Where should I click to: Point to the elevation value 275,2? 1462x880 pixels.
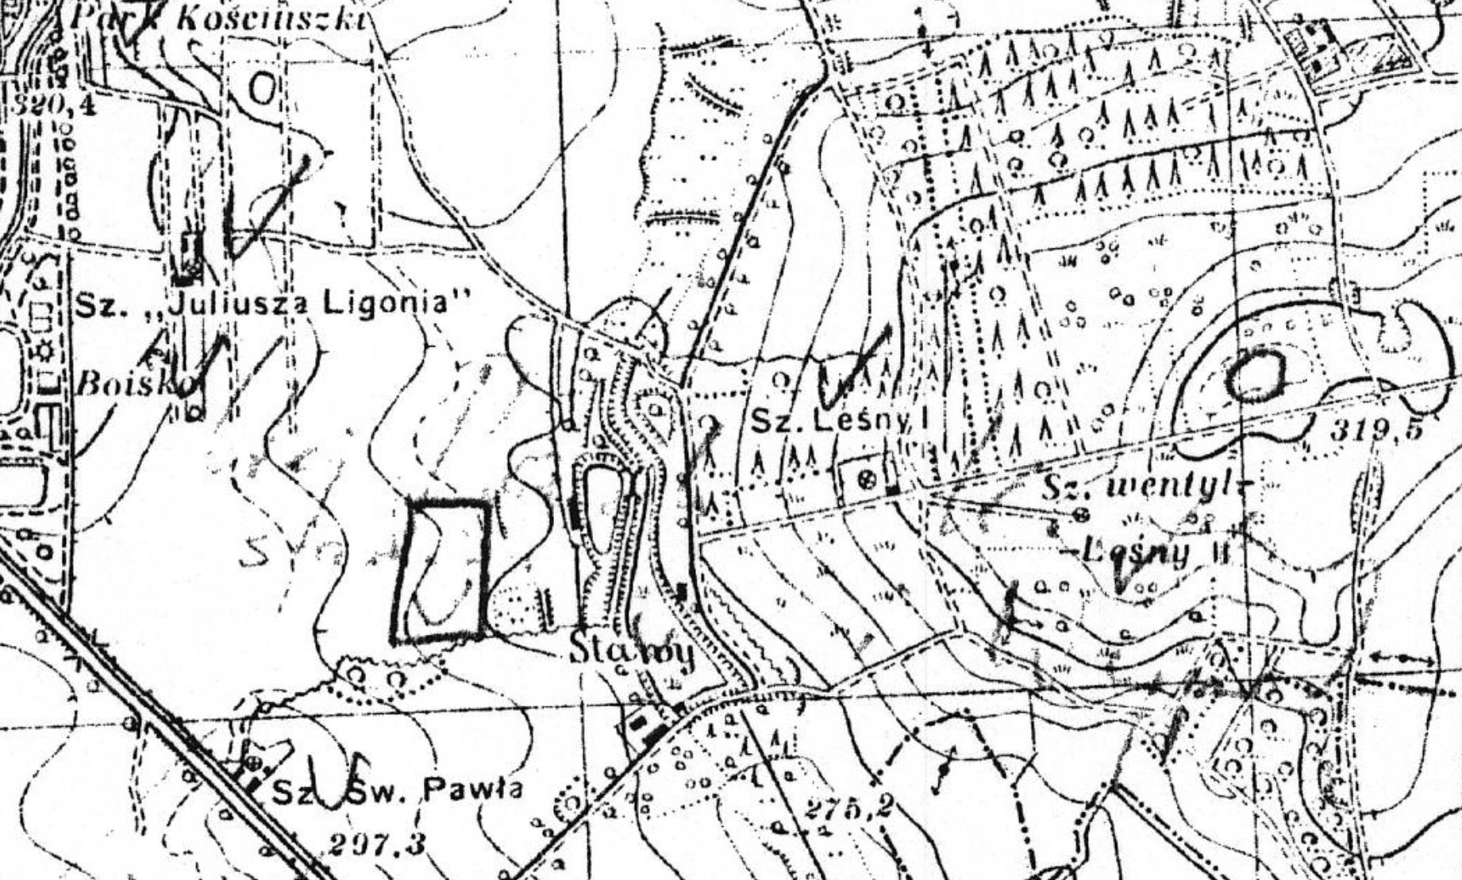pyautogui.click(x=848, y=809)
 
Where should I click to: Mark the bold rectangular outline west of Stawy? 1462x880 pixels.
pyautogui.click(x=441, y=570)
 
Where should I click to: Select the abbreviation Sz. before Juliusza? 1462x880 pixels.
pyautogui.click(x=100, y=306)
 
